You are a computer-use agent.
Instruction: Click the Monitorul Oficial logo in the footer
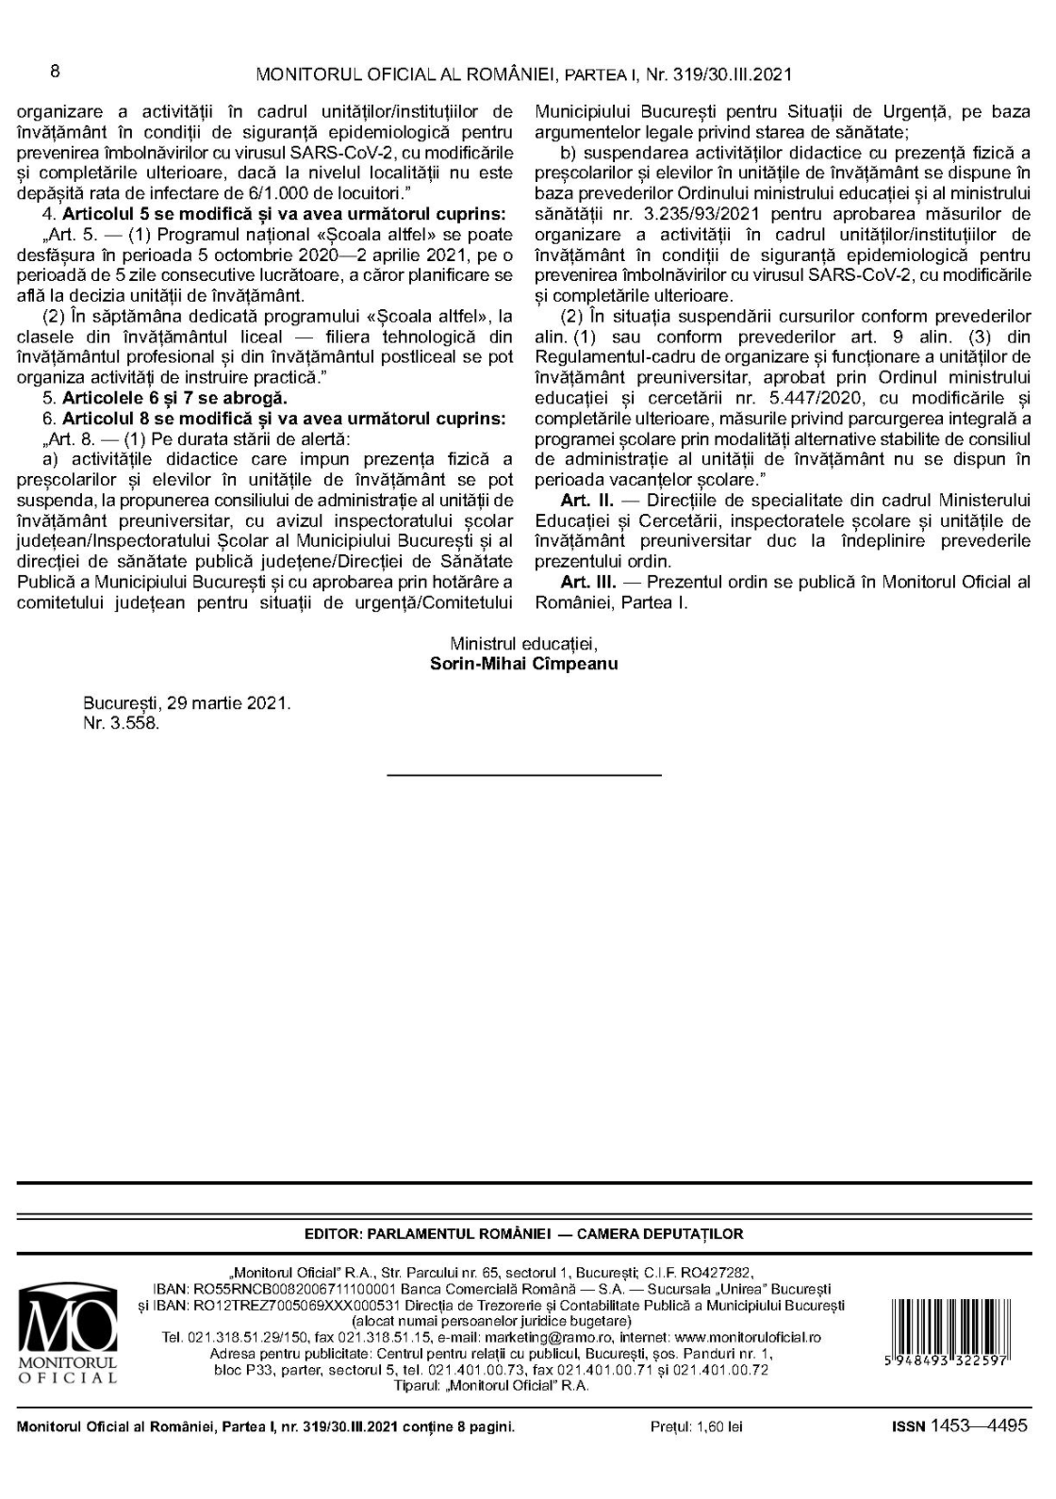tap(67, 1331)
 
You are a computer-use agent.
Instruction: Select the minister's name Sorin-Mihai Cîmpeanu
tap(523, 663)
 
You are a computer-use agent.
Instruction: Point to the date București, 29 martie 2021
tap(187, 704)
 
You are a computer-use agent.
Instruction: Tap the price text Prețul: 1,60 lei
tap(696, 1427)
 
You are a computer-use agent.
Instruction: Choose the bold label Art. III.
tap(588, 582)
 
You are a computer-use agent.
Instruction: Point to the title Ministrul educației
tap(523, 644)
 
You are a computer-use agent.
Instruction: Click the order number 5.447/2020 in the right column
tap(798, 398)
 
